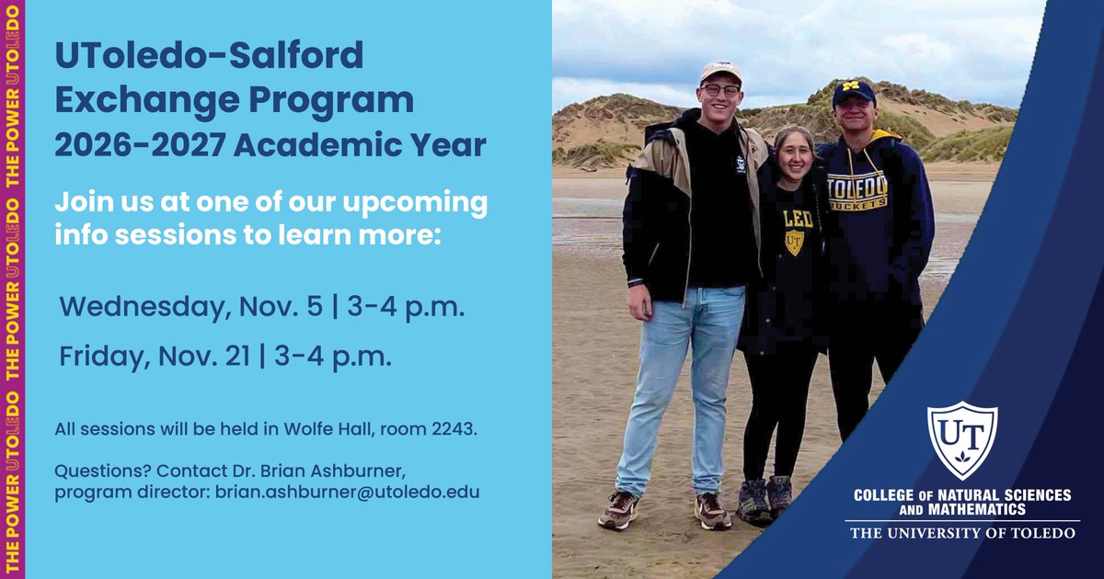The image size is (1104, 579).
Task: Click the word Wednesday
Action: pyautogui.click(x=139, y=307)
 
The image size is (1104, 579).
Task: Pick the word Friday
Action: pyautogui.click(x=97, y=355)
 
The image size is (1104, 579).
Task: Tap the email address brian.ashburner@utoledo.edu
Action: pyautogui.click(x=348, y=492)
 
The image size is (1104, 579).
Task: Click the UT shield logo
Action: pyautogui.click(x=961, y=439)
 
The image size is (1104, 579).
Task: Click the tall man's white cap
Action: pyautogui.click(x=720, y=71)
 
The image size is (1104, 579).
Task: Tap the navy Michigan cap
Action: pyautogui.click(x=853, y=91)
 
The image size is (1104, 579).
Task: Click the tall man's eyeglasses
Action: pyautogui.click(x=720, y=90)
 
